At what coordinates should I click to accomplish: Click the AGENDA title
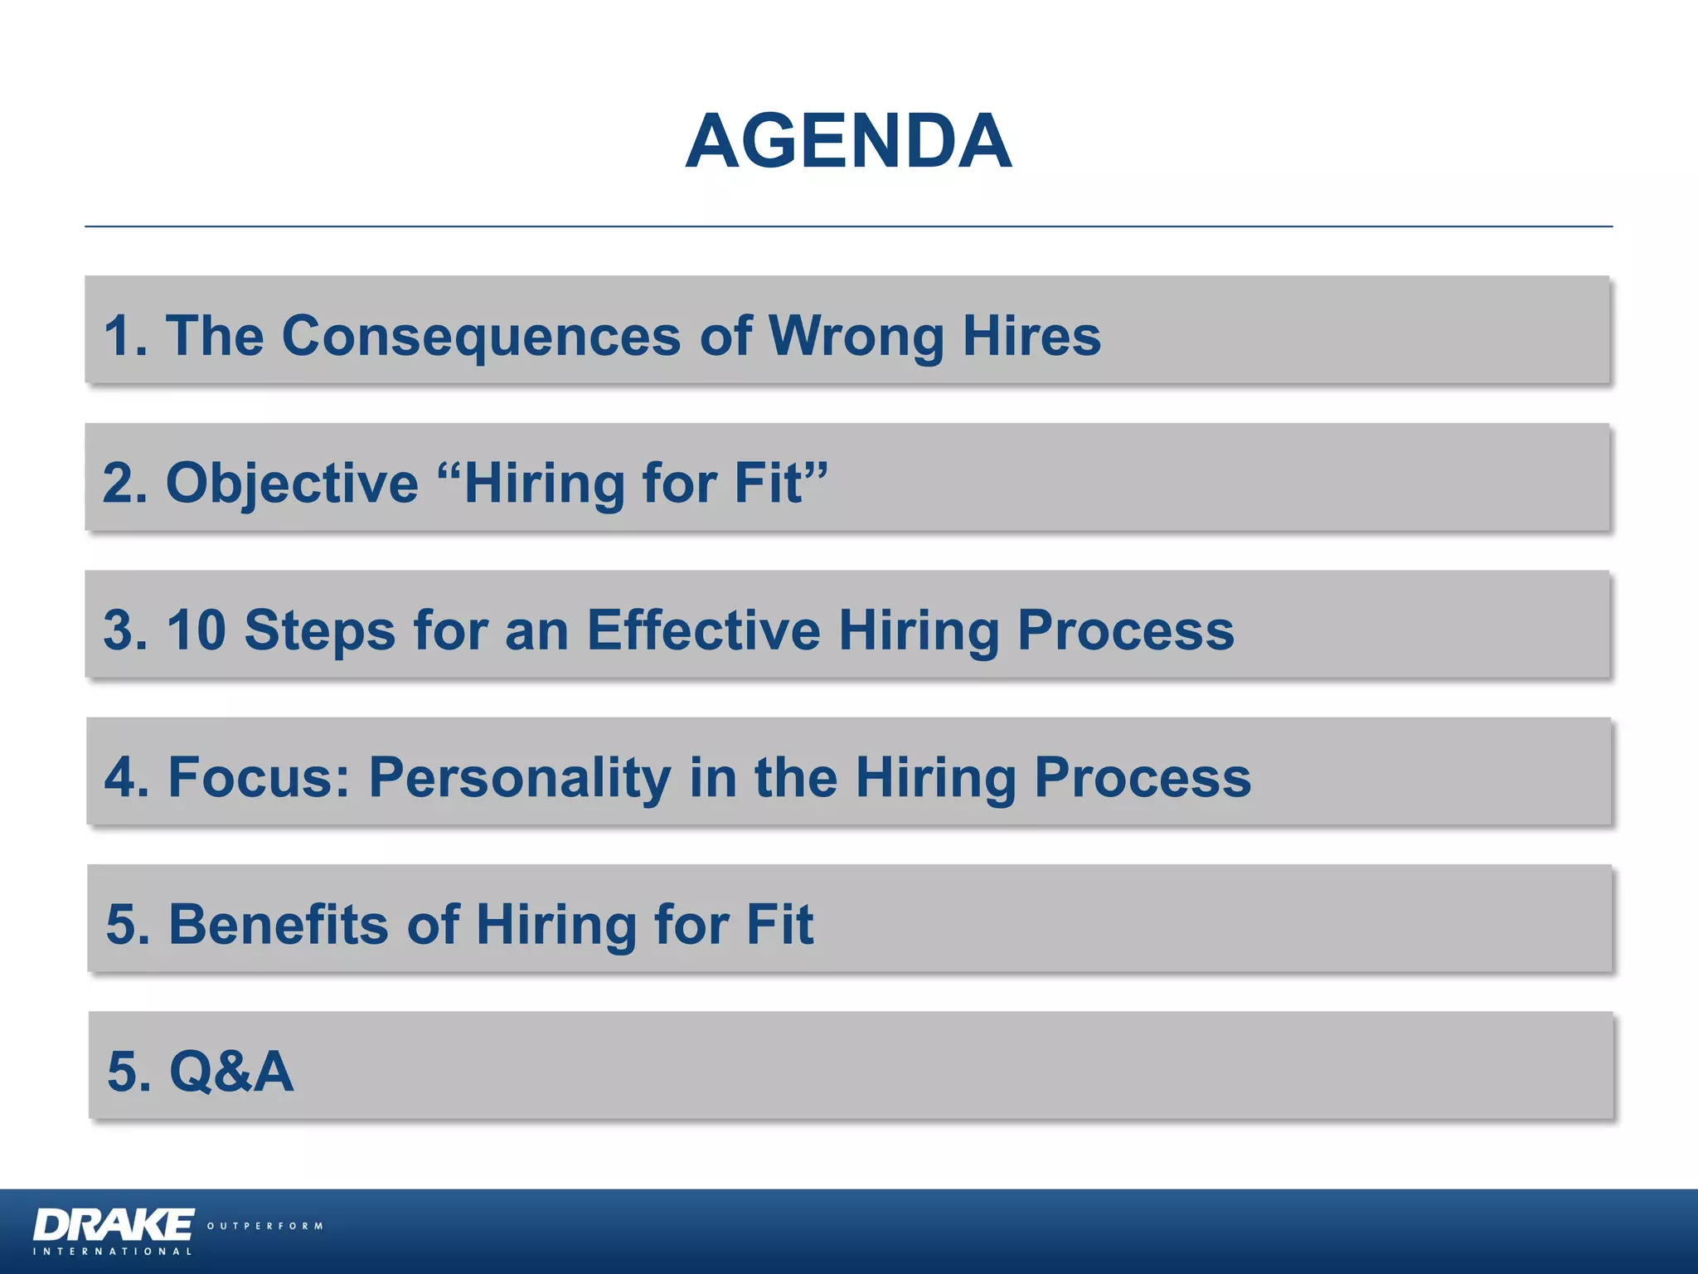pyautogui.click(x=848, y=142)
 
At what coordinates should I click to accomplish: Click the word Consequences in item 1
pyautogui.click(x=481, y=336)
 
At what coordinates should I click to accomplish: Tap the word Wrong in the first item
pyautogui.click(x=856, y=336)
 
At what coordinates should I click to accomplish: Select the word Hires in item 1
pyautogui.click(x=1031, y=336)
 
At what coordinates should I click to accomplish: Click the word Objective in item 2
pyautogui.click(x=292, y=484)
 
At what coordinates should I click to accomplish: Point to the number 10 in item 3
pyautogui.click(x=196, y=630)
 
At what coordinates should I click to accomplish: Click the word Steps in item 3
pyautogui.click(x=320, y=630)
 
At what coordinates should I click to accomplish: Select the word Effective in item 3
pyautogui.click(x=703, y=630)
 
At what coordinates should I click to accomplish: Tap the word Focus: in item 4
pyautogui.click(x=260, y=778)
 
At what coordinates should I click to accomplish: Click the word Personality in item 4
pyautogui.click(x=520, y=778)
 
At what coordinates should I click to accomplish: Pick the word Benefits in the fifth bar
pyautogui.click(x=279, y=925)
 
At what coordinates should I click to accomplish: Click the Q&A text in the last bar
pyautogui.click(x=231, y=1072)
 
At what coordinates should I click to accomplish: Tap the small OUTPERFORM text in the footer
pyautogui.click(x=264, y=1226)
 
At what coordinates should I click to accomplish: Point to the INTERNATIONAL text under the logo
pyautogui.click(x=113, y=1252)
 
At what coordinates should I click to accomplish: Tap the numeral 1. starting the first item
pyautogui.click(x=125, y=336)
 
